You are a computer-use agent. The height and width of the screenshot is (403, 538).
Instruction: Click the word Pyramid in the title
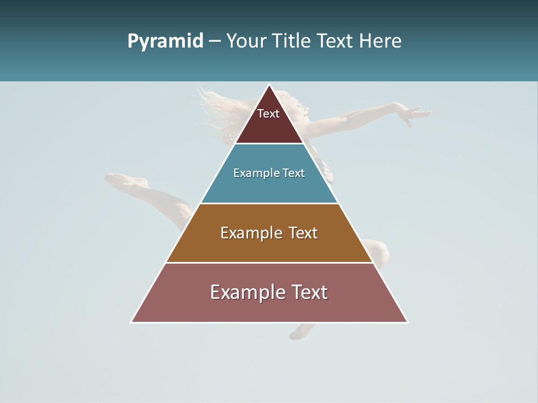click(x=165, y=41)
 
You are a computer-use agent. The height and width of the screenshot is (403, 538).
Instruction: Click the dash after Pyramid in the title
click(x=214, y=41)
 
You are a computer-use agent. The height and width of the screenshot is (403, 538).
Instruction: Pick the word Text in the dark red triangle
click(x=268, y=114)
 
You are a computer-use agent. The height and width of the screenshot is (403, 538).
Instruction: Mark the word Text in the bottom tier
click(x=308, y=292)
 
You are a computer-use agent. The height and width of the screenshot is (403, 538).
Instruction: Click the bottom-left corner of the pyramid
click(x=132, y=322)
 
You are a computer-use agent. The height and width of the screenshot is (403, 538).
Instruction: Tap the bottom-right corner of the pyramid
click(x=407, y=322)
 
